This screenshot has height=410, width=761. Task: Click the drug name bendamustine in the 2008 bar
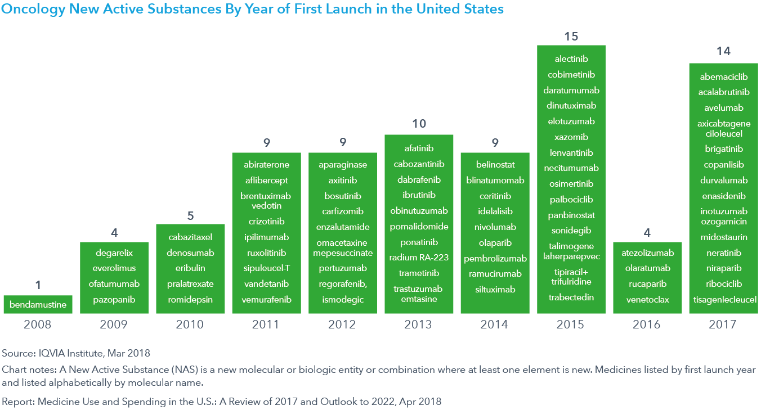pyautogui.click(x=38, y=305)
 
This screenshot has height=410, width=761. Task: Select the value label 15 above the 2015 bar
pyautogui.click(x=571, y=37)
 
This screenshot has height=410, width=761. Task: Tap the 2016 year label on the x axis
pyautogui.click(x=647, y=325)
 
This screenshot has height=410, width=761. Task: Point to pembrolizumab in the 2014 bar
pyautogui.click(x=495, y=259)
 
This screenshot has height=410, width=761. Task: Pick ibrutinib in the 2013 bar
pyautogui.click(x=419, y=195)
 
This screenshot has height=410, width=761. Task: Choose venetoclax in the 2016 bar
pyautogui.click(x=647, y=300)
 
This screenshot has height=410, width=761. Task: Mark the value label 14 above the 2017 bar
pyautogui.click(x=723, y=51)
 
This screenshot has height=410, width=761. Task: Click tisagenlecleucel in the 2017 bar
pyautogui.click(x=724, y=300)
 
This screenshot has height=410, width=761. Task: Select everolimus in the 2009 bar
pyautogui.click(x=114, y=268)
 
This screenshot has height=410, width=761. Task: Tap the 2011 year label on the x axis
pyautogui.click(x=267, y=325)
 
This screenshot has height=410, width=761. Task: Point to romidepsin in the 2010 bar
pyautogui.click(x=190, y=300)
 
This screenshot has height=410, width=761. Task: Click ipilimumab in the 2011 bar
pyautogui.click(x=267, y=237)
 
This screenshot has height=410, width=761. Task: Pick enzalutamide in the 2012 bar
pyautogui.click(x=343, y=227)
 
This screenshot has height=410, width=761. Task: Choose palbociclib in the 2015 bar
pyautogui.click(x=571, y=200)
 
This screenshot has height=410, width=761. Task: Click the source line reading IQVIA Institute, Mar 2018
pyautogui.click(x=76, y=353)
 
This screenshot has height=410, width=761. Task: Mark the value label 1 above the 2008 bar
pyautogui.click(x=38, y=285)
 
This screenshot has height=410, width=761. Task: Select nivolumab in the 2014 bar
pyautogui.click(x=495, y=227)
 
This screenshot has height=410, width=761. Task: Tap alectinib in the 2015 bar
pyautogui.click(x=571, y=59)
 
